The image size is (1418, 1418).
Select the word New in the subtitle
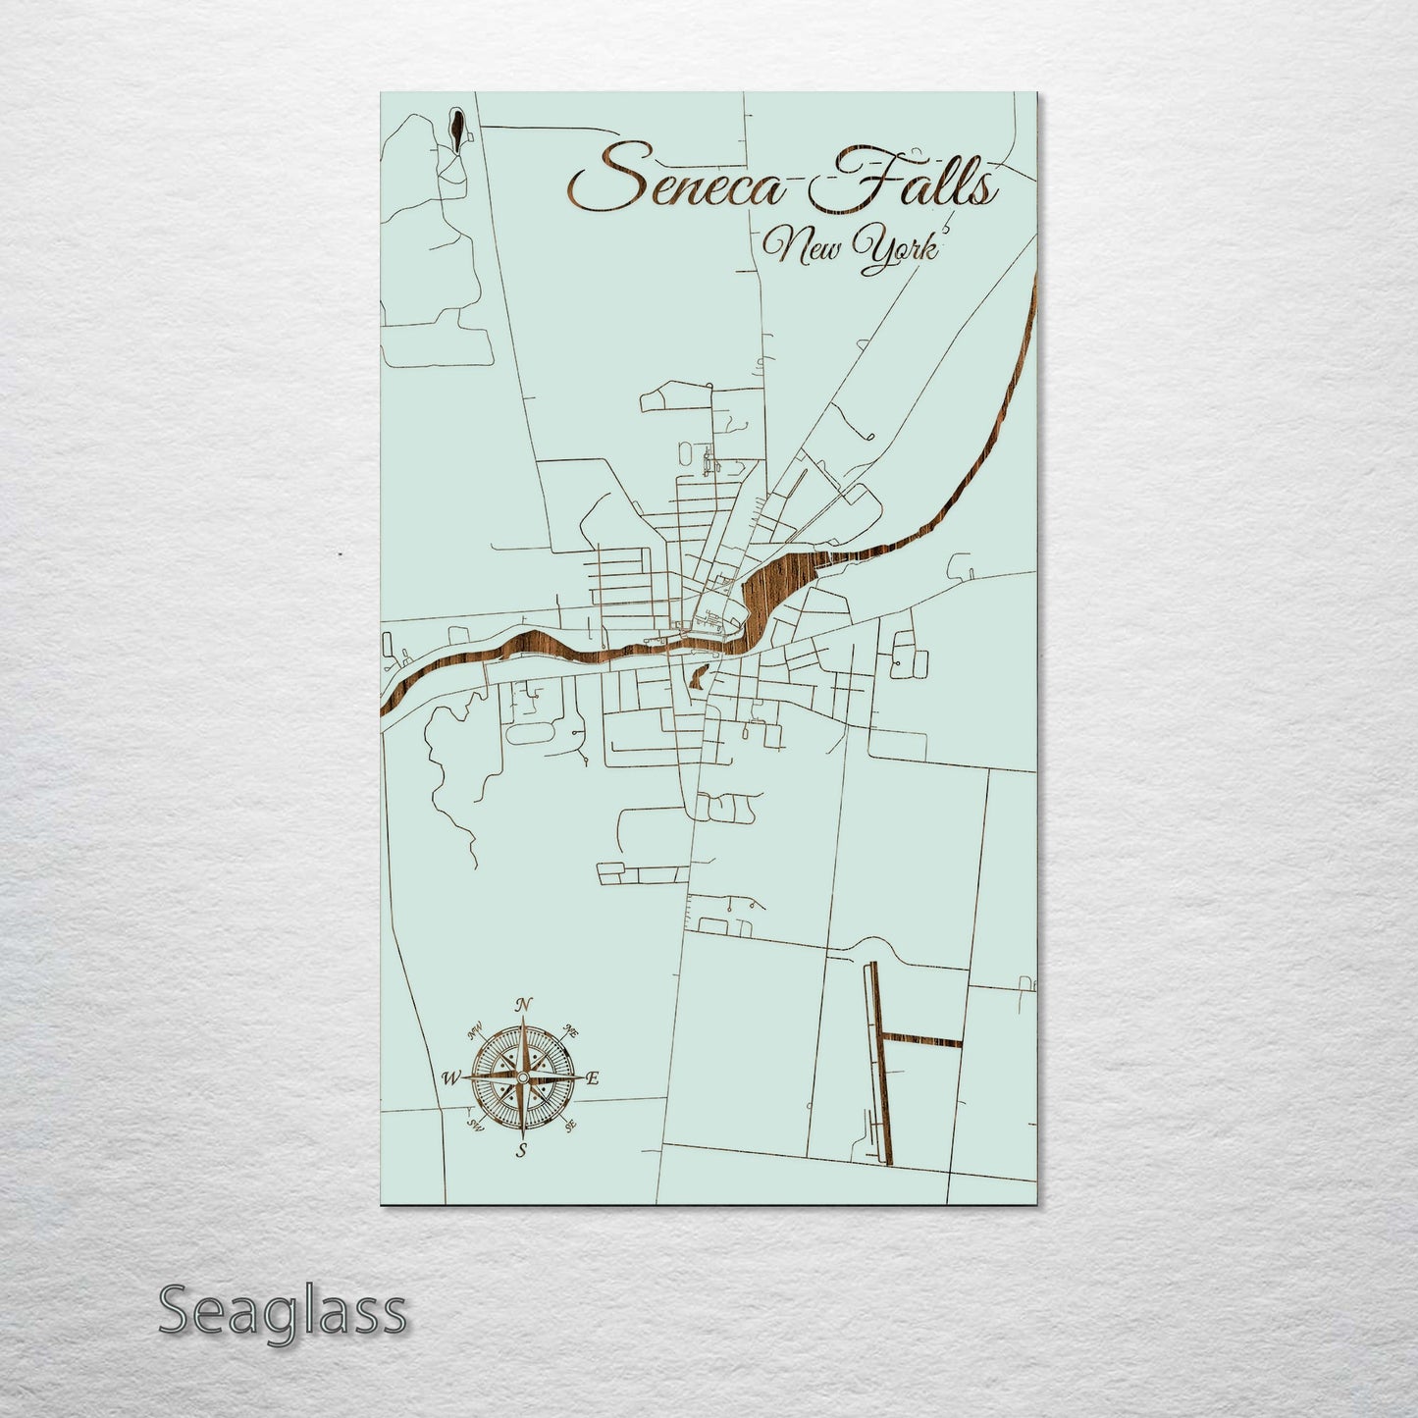pyautogui.click(x=804, y=247)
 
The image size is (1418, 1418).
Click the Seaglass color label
pyautogui.click(x=282, y=1312)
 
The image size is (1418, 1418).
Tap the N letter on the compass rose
pyautogui.click(x=524, y=1004)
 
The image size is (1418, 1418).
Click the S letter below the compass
pyautogui.click(x=522, y=1149)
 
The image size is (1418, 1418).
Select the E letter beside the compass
pyautogui.click(x=592, y=1078)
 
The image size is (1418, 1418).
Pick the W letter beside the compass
pyautogui.click(x=451, y=1077)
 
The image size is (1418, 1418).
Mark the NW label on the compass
pyautogui.click(x=476, y=1030)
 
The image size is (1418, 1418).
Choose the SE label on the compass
pyautogui.click(x=571, y=1125)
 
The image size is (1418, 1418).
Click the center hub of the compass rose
pyautogui.click(x=523, y=1077)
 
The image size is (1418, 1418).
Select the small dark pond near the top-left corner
pyautogui.click(x=458, y=127)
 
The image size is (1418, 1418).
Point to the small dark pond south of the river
pyautogui.click(x=698, y=676)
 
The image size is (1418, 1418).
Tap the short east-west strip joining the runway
pyautogui.click(x=922, y=1041)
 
